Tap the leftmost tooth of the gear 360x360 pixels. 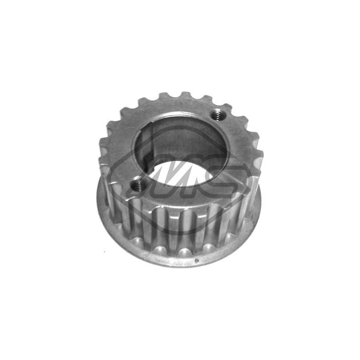[103, 143]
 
